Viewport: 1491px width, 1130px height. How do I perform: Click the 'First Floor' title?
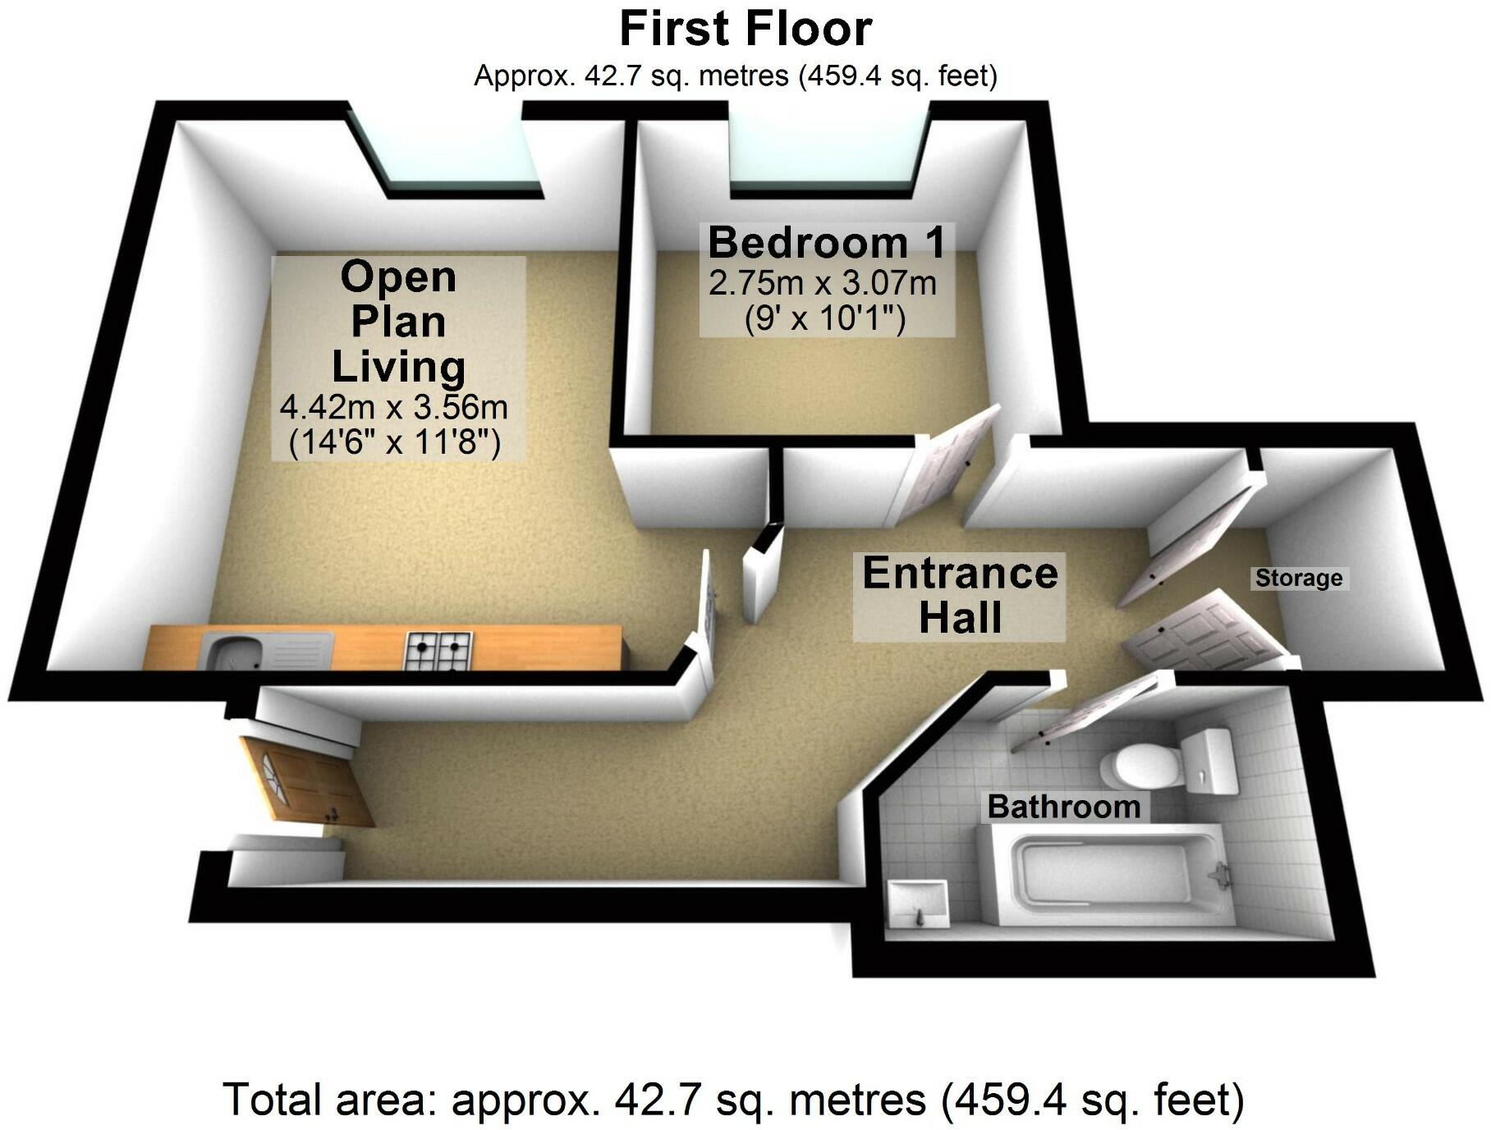(x=745, y=30)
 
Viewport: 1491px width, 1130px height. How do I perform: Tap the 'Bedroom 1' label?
(x=826, y=243)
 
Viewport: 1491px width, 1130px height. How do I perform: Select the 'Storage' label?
(x=1298, y=579)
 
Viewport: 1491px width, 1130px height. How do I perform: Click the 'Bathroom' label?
(x=1063, y=807)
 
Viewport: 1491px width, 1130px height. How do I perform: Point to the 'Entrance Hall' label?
(x=960, y=596)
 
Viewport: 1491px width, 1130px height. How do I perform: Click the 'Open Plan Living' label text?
(x=398, y=322)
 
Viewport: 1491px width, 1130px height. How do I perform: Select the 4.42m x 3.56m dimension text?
(x=393, y=407)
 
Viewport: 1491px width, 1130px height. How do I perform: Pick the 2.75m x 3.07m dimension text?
(x=822, y=284)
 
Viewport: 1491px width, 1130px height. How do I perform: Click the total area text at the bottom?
(x=733, y=1100)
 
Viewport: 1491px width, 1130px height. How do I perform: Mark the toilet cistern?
(x=1209, y=760)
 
